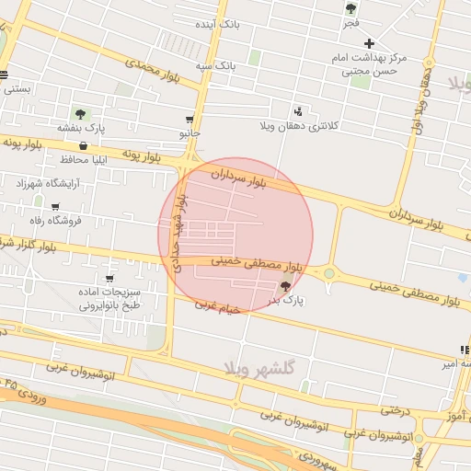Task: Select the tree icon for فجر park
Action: point(350,8)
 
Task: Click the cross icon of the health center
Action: point(369,43)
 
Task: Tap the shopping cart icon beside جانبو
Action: point(190,119)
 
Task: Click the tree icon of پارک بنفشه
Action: point(80,114)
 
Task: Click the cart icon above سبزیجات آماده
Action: point(110,278)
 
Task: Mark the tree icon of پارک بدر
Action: point(283,286)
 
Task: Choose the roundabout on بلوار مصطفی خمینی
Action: point(328,272)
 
